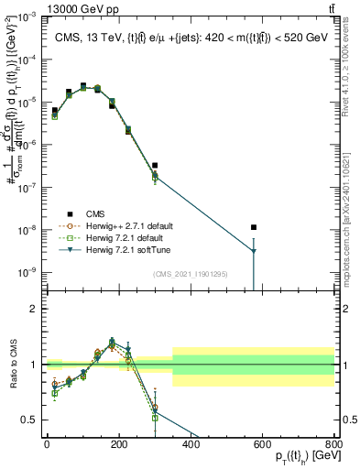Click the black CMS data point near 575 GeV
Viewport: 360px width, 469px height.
(254, 227)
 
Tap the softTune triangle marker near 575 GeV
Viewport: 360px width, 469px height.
(254, 251)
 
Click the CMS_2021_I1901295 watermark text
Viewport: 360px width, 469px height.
(190, 274)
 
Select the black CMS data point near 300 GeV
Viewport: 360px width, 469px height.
(155, 166)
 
